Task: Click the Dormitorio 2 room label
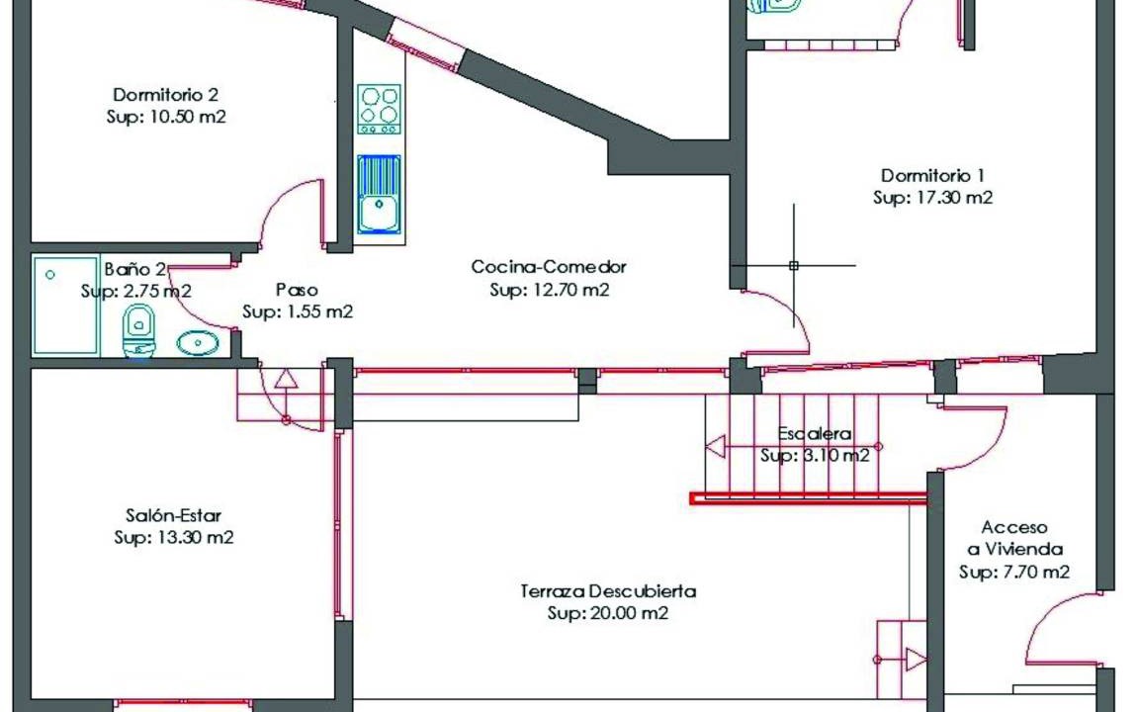tap(166, 95)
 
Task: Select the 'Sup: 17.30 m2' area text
tap(932, 198)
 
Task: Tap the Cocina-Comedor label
tap(549, 267)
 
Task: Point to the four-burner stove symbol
tap(379, 109)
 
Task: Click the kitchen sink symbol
tap(379, 194)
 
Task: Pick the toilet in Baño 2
tap(138, 331)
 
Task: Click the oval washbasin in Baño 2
tap(198, 342)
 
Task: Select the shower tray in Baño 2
tap(65, 306)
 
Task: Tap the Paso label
tap(297, 290)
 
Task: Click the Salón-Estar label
tap(173, 516)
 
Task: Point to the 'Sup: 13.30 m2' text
tap(174, 538)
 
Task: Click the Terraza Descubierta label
tap(608, 591)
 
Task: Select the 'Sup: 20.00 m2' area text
tap(608, 613)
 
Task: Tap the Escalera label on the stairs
tap(815, 434)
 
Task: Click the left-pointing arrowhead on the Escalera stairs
tap(716, 446)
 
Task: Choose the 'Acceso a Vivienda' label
tap(1014, 538)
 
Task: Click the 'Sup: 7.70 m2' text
tap(1014, 573)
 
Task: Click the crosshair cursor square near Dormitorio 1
tap(793, 266)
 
